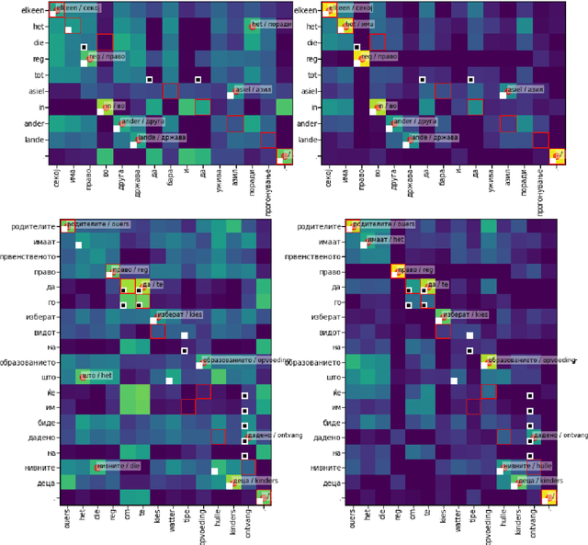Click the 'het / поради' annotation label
pyautogui.click(x=271, y=25)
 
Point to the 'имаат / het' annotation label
pyautogui.click(x=384, y=239)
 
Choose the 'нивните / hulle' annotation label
pyautogui.click(x=525, y=465)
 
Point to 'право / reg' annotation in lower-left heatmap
pyautogui.click(x=130, y=270)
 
